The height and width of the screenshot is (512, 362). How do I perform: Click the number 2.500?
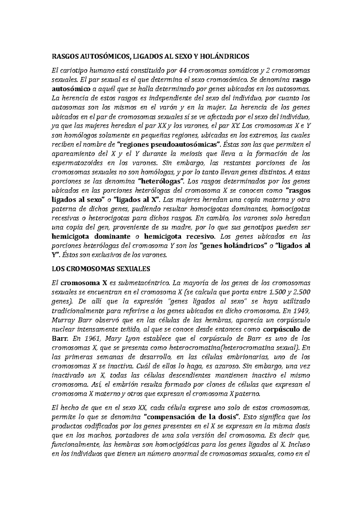coord(301,292)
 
